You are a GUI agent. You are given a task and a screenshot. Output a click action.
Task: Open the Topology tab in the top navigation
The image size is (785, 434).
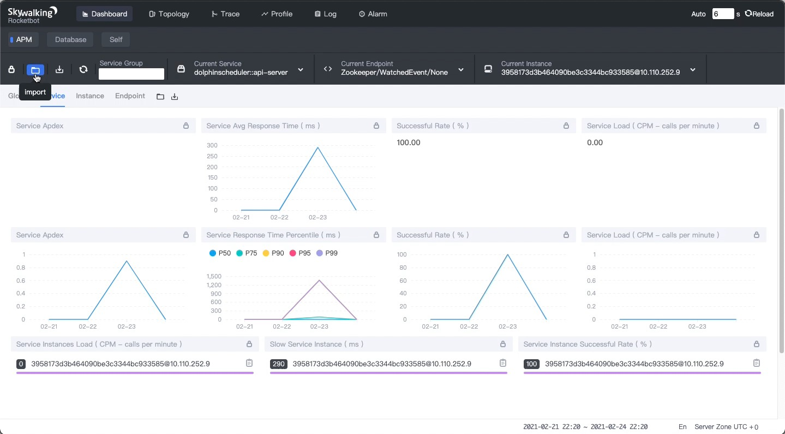pyautogui.click(x=169, y=14)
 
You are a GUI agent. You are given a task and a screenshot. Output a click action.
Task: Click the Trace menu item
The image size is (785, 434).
pyautogui.click(x=225, y=14)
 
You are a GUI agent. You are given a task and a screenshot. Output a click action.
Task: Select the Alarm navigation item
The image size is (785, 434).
pyautogui.click(x=373, y=14)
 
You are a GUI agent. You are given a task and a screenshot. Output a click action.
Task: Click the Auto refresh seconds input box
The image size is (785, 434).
pyautogui.click(x=723, y=14)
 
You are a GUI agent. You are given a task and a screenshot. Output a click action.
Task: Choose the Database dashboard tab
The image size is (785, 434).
pyautogui.click(x=70, y=40)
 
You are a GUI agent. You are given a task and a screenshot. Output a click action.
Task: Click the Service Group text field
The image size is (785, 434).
pyautogui.click(x=131, y=74)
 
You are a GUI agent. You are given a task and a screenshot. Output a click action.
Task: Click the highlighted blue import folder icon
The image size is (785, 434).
pyautogui.click(x=35, y=70)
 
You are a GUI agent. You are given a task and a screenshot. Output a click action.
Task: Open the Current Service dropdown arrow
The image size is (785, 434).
pyautogui.click(x=301, y=70)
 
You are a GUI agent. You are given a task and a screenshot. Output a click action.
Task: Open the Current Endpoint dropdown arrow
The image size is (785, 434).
pyautogui.click(x=461, y=70)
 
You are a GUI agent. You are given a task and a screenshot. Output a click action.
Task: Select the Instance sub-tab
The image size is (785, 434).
pyautogui.click(x=89, y=96)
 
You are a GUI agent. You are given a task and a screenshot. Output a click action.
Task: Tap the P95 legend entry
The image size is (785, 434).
pyautogui.click(x=300, y=253)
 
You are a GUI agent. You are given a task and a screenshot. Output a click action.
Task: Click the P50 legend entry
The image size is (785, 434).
pyautogui.click(x=220, y=253)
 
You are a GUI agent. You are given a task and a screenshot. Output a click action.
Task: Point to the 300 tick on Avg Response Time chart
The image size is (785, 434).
pyautogui.click(x=212, y=145)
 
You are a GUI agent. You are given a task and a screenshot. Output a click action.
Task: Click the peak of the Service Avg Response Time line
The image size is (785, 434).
pyautogui.click(x=318, y=147)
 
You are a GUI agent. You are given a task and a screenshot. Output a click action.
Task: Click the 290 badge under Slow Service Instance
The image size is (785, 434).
pyautogui.click(x=279, y=364)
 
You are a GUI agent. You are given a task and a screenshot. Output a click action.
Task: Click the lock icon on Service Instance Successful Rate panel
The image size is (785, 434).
pyautogui.click(x=757, y=344)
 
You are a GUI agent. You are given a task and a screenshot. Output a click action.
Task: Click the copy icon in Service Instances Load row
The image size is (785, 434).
pyautogui.click(x=249, y=363)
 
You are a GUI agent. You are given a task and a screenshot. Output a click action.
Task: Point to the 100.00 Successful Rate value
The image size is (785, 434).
pyautogui.click(x=408, y=142)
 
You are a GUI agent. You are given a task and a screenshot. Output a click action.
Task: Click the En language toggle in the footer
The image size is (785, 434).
pyautogui.click(x=682, y=427)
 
